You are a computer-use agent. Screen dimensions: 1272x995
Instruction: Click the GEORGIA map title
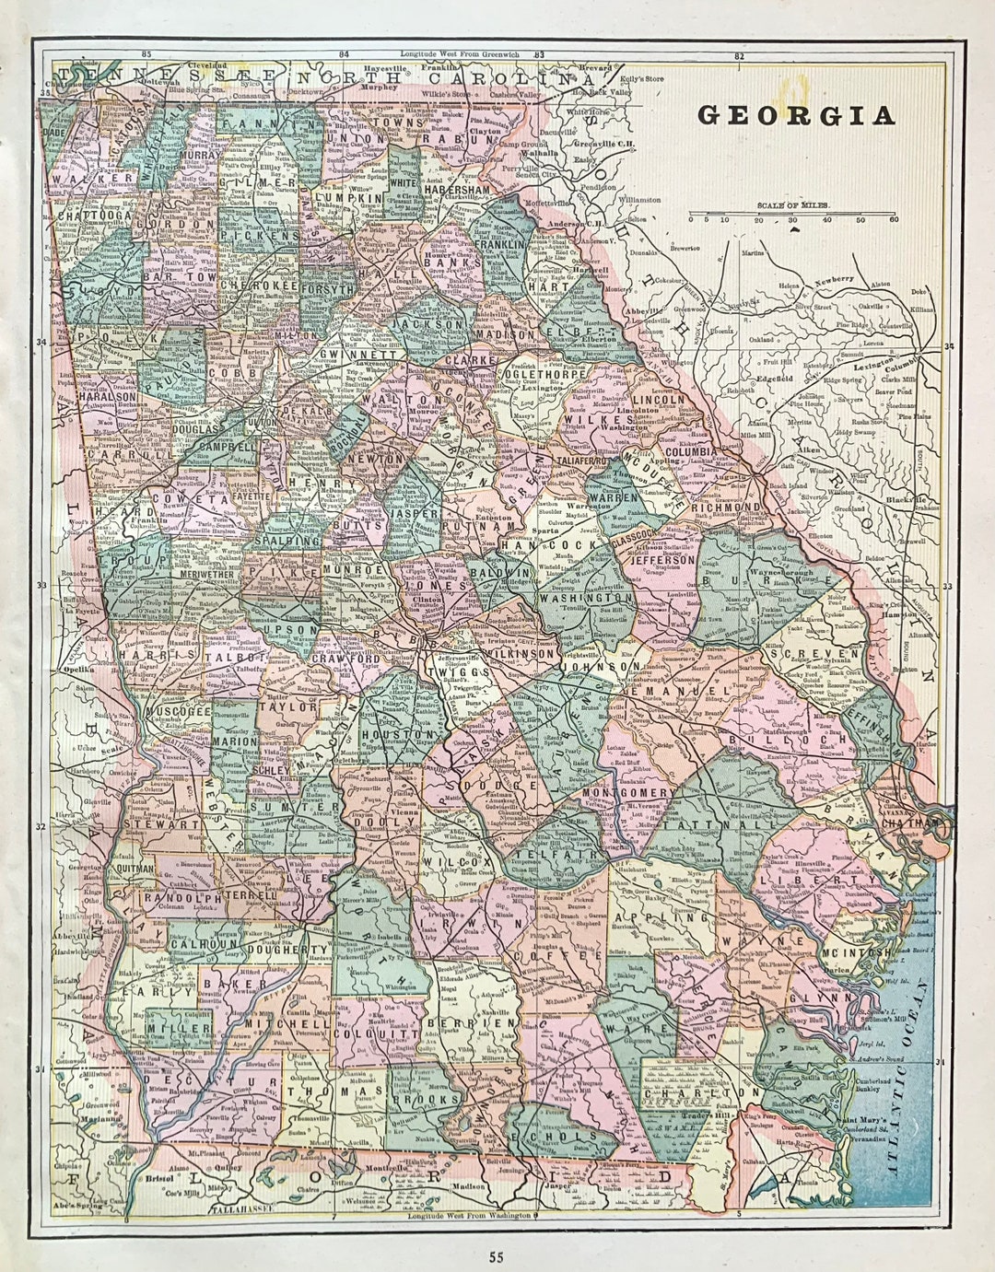(796, 116)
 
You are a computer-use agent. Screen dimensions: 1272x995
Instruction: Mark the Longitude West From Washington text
(469, 1216)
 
